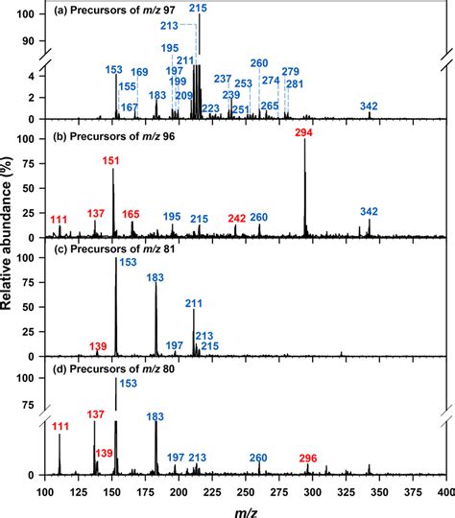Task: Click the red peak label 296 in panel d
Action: [308, 458]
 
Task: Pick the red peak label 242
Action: [236, 219]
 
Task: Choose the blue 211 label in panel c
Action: [194, 303]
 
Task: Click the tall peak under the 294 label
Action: [304, 192]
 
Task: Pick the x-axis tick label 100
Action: [45, 490]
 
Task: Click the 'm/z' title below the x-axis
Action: [244, 508]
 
